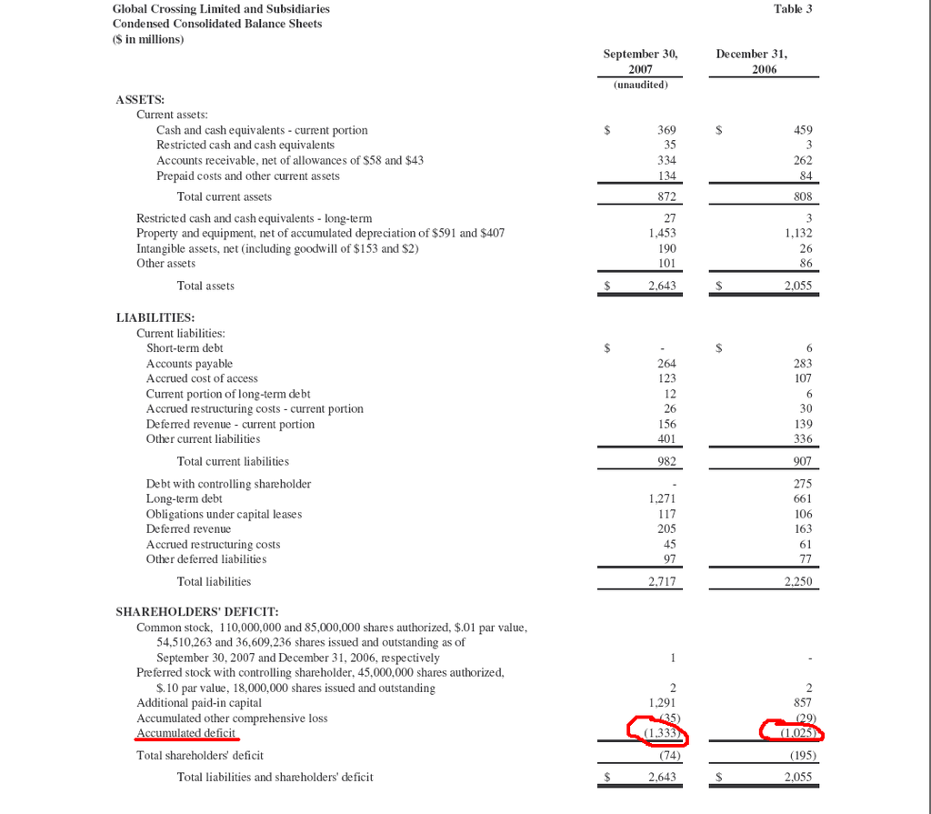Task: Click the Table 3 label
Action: [793, 8]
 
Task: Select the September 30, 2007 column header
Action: [640, 61]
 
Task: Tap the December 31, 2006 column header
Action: [752, 61]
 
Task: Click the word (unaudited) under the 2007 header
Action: [640, 85]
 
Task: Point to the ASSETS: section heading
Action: [140, 99]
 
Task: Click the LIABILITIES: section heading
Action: [155, 317]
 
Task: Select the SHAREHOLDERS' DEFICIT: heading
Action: [196, 611]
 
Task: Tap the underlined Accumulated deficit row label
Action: [185, 733]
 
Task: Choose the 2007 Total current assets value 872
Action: [666, 196]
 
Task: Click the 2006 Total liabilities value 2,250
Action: [797, 581]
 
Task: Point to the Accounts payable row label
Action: [189, 364]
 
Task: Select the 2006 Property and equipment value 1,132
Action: [797, 233]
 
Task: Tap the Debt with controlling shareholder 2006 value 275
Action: [803, 484]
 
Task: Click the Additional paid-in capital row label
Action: [198, 703]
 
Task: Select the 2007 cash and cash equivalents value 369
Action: [666, 130]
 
